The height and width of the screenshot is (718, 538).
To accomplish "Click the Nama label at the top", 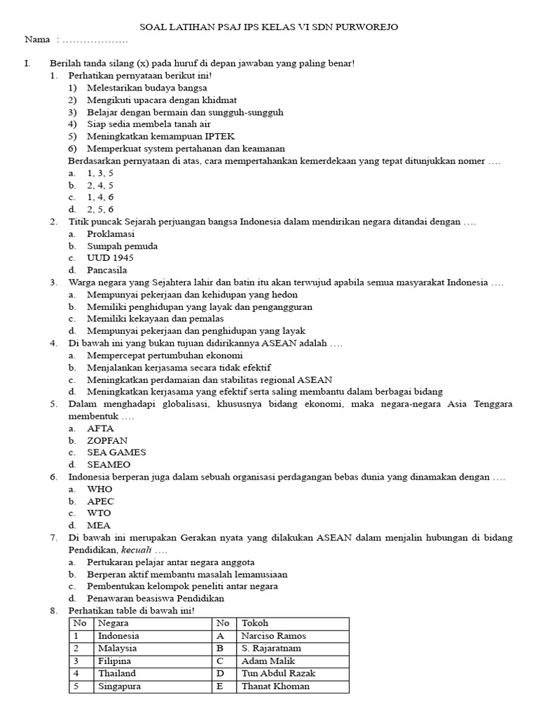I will click(x=37, y=40).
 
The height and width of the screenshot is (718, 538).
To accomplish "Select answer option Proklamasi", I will click(x=111, y=234).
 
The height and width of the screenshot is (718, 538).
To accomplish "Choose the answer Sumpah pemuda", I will click(x=122, y=246).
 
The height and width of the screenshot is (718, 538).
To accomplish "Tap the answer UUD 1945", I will click(x=110, y=258).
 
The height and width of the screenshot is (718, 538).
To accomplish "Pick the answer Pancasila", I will click(x=107, y=270).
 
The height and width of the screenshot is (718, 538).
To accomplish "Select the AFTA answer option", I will click(x=100, y=428).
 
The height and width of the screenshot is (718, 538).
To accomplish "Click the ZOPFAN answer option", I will click(x=106, y=440).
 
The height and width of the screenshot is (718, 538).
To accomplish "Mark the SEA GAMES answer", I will click(x=116, y=452).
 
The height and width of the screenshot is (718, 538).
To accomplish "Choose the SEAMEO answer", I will click(x=109, y=464).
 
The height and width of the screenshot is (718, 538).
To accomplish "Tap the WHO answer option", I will click(x=99, y=489).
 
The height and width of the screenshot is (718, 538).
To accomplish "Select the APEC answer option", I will click(x=100, y=501).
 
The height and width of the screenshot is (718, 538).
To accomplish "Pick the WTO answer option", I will click(x=99, y=513).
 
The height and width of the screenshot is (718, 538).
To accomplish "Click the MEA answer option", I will click(x=99, y=525).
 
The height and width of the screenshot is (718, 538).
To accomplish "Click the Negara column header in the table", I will click(x=113, y=623).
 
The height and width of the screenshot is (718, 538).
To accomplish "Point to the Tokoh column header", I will click(x=254, y=623).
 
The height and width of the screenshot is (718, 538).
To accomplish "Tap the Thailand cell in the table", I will click(x=118, y=674).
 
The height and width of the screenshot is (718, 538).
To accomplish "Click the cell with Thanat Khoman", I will click(x=275, y=686).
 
